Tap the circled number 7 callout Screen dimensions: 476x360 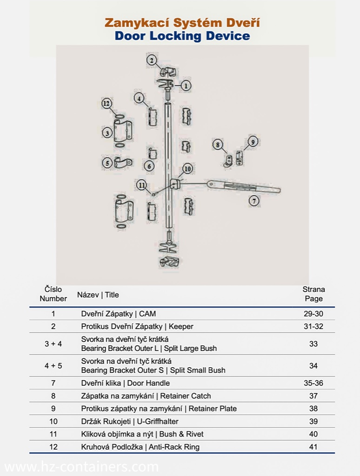point(253,201)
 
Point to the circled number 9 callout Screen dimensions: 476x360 point(253,141)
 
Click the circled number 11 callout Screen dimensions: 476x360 point(141,185)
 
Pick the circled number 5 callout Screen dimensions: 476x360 point(107,163)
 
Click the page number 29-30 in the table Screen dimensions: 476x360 point(313,314)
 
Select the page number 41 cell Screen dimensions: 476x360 point(313,447)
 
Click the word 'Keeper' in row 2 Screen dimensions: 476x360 point(181,326)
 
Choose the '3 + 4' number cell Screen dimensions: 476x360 point(53,344)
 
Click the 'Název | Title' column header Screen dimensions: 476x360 point(98,295)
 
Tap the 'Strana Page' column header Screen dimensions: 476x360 point(313,294)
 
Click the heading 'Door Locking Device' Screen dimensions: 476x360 point(182,36)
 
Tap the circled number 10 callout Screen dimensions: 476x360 point(187,169)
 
